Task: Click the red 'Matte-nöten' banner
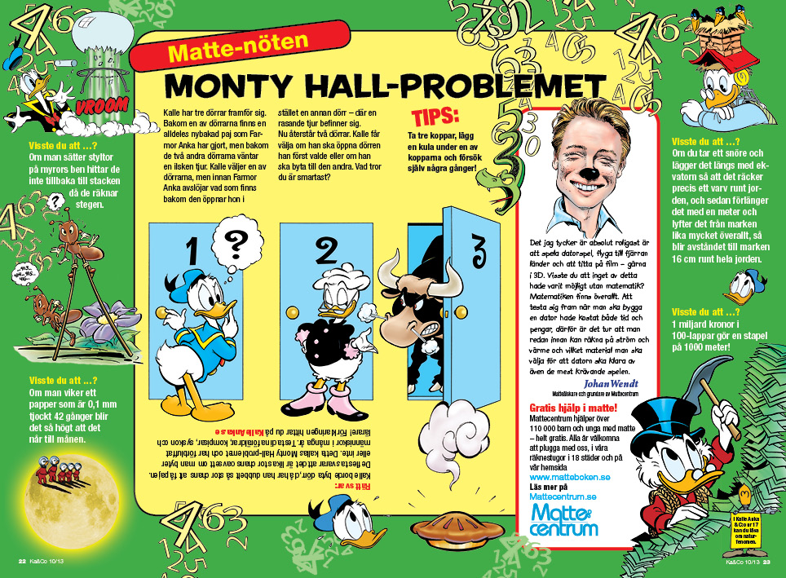coord(237,53)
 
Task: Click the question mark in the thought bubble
coord(235,241)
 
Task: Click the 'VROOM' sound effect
coord(102,106)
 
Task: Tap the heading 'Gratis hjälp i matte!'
coord(572,407)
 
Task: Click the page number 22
coord(22,561)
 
